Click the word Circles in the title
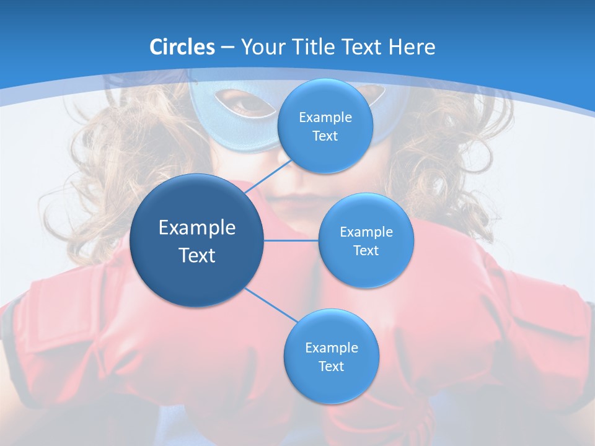pos(182,47)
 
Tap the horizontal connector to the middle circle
pos(291,240)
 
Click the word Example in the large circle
pos(197,228)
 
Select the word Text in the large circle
pos(197,255)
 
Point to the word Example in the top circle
pos(325,118)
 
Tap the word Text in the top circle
pos(325,136)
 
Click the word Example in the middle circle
pos(366,232)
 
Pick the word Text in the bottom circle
pos(331,367)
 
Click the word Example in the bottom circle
pos(331,348)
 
